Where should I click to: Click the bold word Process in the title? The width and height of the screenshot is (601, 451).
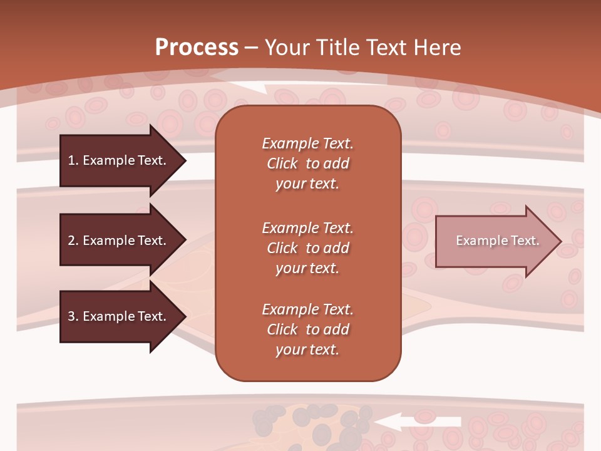click(x=197, y=48)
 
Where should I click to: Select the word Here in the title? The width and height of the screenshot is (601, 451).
click(x=438, y=48)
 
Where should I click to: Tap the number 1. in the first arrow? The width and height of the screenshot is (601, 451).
click(x=73, y=160)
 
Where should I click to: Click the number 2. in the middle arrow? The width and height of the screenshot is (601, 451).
click(x=73, y=241)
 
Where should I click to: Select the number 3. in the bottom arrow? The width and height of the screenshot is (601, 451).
click(x=73, y=316)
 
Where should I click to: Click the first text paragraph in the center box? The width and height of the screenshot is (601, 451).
click(x=308, y=163)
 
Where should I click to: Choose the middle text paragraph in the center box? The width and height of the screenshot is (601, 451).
click(x=308, y=248)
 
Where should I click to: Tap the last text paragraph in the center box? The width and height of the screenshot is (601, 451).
click(x=308, y=329)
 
